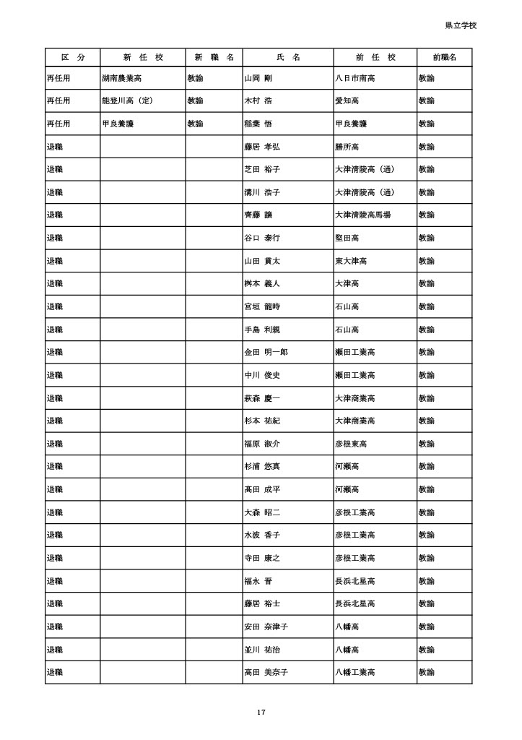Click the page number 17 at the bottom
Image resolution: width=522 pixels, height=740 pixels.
pyautogui.click(x=261, y=713)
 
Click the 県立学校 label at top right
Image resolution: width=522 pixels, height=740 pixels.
pyautogui.click(x=461, y=25)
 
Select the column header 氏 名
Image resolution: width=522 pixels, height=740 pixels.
pyautogui.click(x=288, y=57)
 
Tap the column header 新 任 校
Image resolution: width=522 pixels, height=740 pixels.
pyautogui.click(x=142, y=57)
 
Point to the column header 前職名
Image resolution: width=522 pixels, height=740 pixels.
pyautogui.click(x=444, y=57)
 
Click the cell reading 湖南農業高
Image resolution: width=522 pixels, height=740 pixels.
pyautogui.click(x=122, y=77)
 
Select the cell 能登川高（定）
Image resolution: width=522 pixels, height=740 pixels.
pyautogui.click(x=127, y=100)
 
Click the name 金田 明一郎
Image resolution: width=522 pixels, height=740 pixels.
pyautogui.click(x=266, y=352)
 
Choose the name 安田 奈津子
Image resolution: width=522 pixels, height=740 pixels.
pyautogui.click(x=266, y=627)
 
